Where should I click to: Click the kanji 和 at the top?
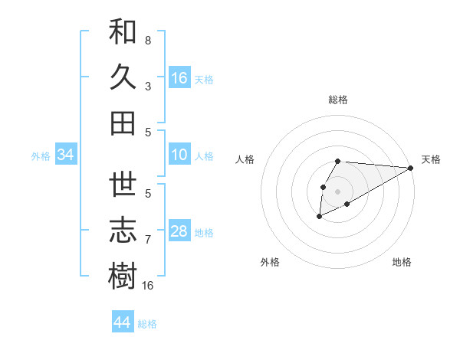123,33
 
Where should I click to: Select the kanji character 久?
123,77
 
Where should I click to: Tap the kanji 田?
123,122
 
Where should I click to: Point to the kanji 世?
123,185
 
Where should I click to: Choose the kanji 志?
123,231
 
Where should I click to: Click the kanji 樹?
123,275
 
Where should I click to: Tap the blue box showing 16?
179,78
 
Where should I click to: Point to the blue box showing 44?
122,322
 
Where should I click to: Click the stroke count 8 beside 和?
148,40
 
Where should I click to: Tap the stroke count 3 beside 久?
148,86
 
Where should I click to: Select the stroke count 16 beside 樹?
148,285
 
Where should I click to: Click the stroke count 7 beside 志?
148,240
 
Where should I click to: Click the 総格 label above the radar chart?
338,100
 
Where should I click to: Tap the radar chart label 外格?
270,262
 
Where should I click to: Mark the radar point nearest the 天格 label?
410,169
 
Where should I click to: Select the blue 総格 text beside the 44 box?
148,323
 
